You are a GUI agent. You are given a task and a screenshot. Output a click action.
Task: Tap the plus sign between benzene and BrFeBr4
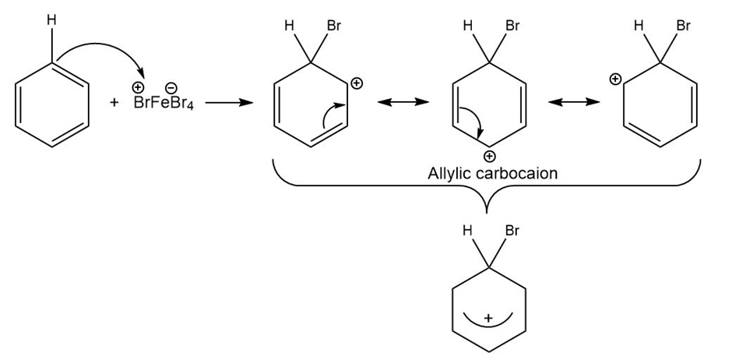tap(114, 104)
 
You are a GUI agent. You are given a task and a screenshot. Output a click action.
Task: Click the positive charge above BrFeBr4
tap(139, 89)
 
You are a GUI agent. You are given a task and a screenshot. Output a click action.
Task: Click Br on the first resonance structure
tap(334, 26)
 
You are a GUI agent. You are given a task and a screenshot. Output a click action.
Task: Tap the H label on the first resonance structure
tap(289, 26)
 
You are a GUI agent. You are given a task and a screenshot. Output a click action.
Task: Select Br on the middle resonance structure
tap(512, 26)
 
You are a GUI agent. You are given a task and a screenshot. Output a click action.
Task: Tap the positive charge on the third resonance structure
tap(615, 79)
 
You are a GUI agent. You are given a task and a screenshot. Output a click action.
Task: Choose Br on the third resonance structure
tap(684, 26)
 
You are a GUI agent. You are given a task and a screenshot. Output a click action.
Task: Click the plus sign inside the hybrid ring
tap(488, 318)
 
